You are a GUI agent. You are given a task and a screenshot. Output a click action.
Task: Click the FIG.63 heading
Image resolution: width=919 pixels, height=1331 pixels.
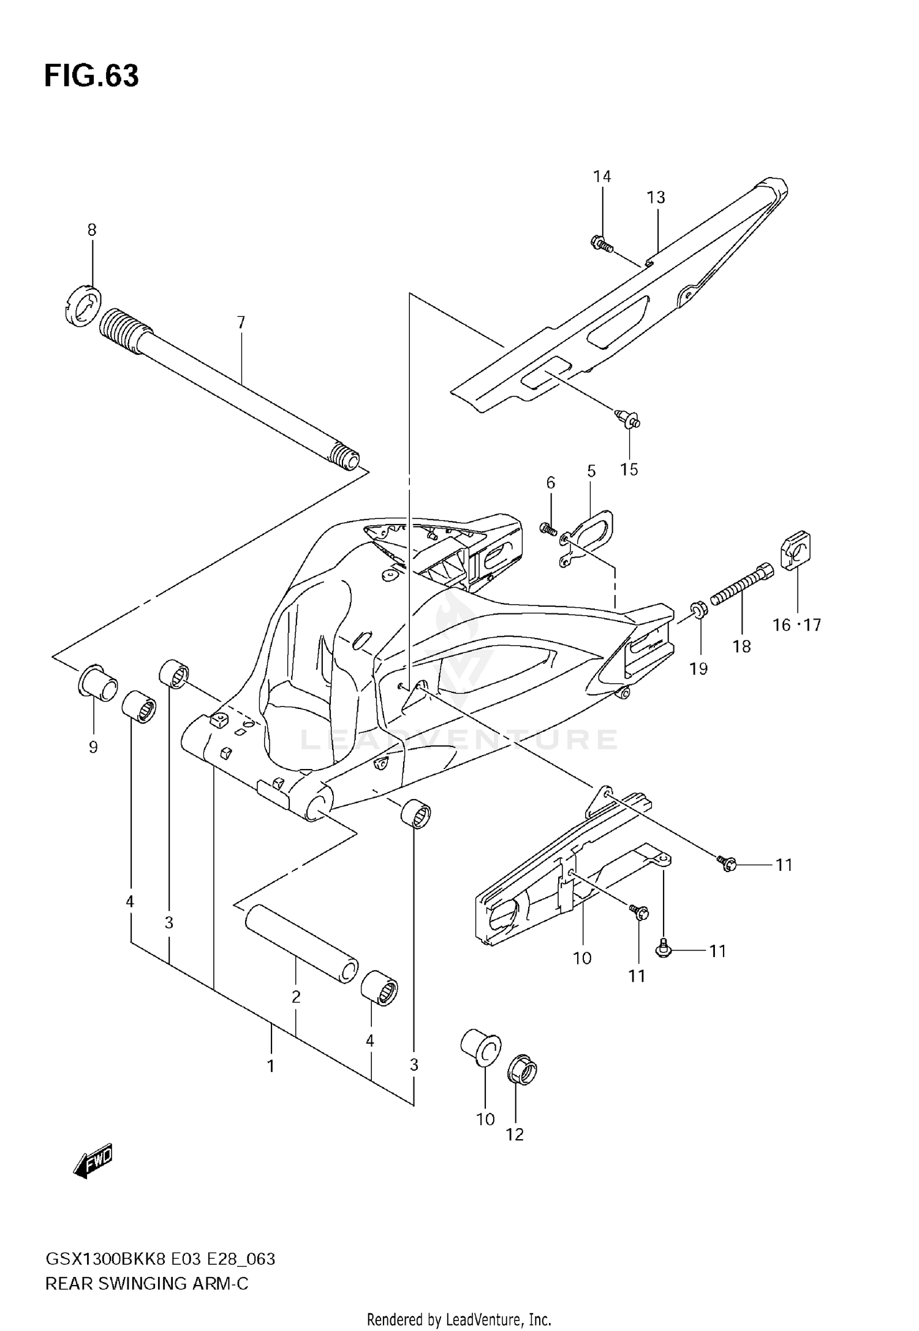(x=92, y=76)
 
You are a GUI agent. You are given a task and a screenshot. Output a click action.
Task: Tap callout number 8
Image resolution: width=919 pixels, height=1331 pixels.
(x=92, y=230)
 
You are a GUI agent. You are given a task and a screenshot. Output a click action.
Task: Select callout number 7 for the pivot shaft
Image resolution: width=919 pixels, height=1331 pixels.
(x=241, y=322)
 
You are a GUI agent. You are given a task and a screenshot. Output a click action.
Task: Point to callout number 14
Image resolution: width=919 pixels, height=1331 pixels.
(x=602, y=176)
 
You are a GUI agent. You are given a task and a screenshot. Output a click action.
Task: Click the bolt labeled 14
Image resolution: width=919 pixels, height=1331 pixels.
(x=601, y=245)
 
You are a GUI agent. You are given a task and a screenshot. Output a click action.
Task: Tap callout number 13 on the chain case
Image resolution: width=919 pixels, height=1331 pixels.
(x=656, y=197)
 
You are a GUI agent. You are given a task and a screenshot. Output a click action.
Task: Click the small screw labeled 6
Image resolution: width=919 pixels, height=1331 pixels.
(x=548, y=528)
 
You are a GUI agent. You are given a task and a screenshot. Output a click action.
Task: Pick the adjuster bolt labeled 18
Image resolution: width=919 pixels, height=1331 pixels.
(x=741, y=585)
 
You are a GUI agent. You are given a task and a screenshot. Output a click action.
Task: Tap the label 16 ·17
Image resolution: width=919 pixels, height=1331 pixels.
(x=796, y=625)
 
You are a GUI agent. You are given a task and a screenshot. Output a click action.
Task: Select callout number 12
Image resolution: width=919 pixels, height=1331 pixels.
(x=515, y=1134)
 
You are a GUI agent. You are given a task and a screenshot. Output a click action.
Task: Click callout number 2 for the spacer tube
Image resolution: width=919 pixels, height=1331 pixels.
(x=296, y=996)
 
